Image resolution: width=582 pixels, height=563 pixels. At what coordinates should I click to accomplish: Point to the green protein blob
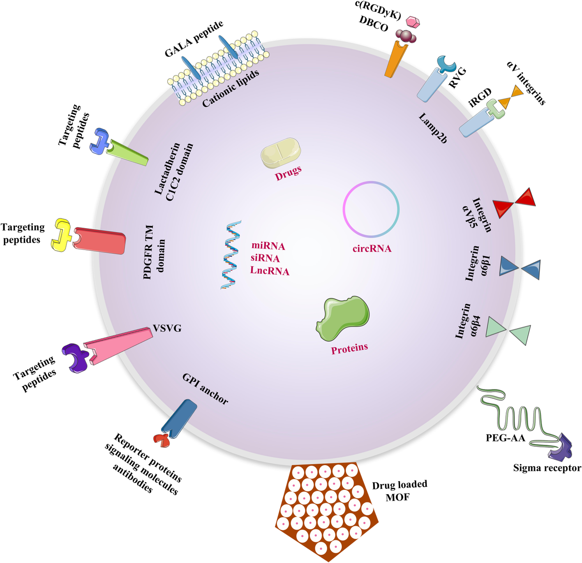tap(343, 317)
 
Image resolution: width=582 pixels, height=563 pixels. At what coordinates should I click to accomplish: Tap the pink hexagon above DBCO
tap(412, 22)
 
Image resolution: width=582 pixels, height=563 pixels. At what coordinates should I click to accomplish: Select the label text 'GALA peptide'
tap(194, 39)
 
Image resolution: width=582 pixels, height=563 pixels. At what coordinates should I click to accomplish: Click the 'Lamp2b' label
tap(433, 128)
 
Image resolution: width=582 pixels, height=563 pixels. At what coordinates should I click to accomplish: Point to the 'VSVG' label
tap(167, 328)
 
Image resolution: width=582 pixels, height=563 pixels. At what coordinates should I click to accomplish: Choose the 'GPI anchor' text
tap(205, 389)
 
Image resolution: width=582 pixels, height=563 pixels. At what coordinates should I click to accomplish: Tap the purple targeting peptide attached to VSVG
tap(76, 358)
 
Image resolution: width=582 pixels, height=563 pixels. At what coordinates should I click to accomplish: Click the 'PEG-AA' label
tap(505, 438)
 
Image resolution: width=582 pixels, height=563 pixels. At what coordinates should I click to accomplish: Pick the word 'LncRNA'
tap(270, 271)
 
